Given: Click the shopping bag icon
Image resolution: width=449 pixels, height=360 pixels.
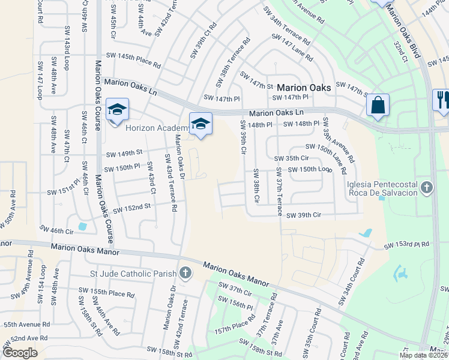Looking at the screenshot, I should pyautogui.click(x=378, y=105).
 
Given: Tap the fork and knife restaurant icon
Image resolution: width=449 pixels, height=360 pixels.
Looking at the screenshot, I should pyautogui.click(x=442, y=100).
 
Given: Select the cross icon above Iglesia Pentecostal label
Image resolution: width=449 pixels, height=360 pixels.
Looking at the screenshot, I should pyautogui.click(x=427, y=188).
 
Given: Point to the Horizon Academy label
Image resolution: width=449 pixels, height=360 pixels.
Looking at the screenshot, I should pyautogui.click(x=157, y=128).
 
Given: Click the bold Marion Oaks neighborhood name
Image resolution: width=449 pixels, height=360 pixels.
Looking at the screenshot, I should pyautogui.click(x=304, y=88).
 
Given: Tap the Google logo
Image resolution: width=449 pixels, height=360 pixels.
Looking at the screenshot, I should pyautogui.click(x=20, y=353).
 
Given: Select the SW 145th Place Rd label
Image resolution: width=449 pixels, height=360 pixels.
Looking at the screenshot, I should pyautogui.click(x=133, y=60).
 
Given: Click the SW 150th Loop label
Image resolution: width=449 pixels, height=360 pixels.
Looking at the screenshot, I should pyautogui.click(x=310, y=170).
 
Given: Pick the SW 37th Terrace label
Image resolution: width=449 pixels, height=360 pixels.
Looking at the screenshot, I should pyautogui.click(x=279, y=191).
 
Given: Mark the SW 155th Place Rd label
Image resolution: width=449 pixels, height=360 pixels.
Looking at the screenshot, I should pyautogui.click(x=106, y=293).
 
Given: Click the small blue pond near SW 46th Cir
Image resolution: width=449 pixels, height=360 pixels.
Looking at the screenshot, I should pyautogui.click(x=82, y=227).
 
